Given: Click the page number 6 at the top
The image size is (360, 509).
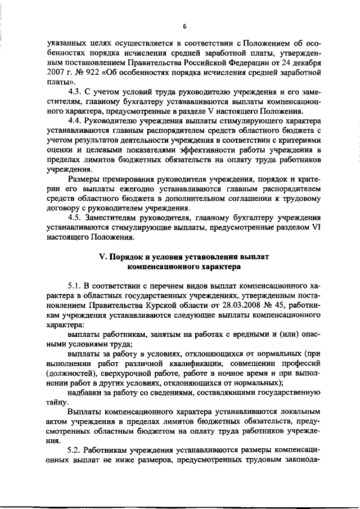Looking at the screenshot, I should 184,25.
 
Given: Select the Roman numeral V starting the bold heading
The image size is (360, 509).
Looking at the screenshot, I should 102,256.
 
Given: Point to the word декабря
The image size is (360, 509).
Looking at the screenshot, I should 307,62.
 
